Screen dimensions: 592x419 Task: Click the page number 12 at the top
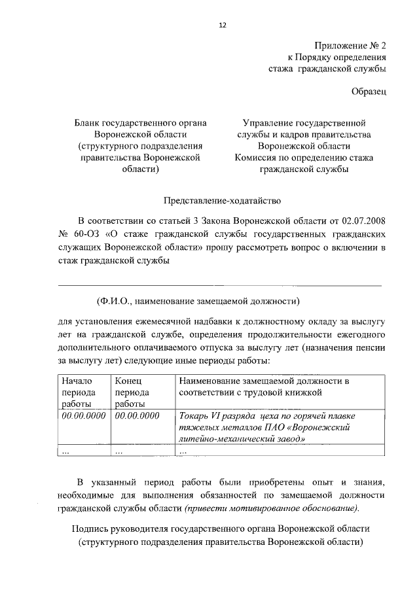(x=222, y=25)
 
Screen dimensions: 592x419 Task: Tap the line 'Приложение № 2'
(x=351, y=46)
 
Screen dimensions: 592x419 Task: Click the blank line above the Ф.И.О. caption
(x=220, y=285)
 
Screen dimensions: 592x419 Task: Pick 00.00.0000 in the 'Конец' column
(x=137, y=415)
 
